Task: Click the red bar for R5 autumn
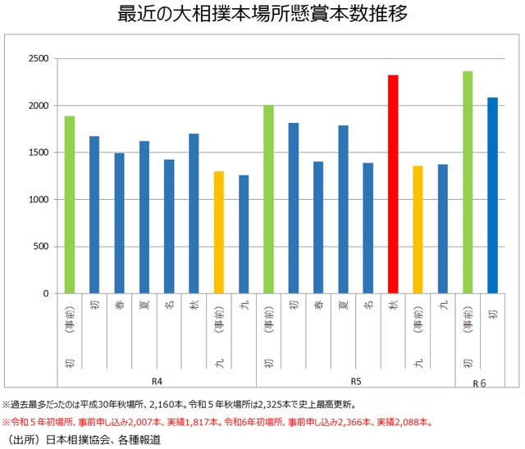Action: pyautogui.click(x=393, y=184)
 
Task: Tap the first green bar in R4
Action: pyautogui.click(x=70, y=205)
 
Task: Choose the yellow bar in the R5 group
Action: pyautogui.click(x=418, y=229)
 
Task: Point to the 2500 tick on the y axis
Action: pyautogui.click(x=39, y=59)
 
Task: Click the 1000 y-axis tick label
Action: pyautogui.click(x=39, y=200)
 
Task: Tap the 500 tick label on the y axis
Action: pyautogui.click(x=41, y=247)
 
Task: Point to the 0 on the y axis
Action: pyautogui.click(x=47, y=293)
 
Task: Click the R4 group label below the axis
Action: pyautogui.click(x=157, y=382)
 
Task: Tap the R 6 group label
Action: pyautogui.click(x=480, y=383)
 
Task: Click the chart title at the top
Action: pyautogui.click(x=262, y=15)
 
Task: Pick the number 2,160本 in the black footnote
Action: pyautogui.click(x=194, y=405)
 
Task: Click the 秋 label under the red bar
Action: pyautogui.click(x=393, y=304)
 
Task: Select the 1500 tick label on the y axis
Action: pyautogui.click(x=39, y=153)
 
